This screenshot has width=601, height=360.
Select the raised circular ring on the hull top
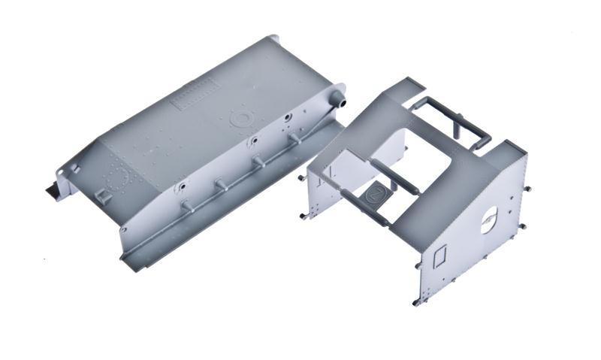[240, 118]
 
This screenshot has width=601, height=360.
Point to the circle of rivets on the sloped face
[117, 179]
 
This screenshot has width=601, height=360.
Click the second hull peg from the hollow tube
[258, 159]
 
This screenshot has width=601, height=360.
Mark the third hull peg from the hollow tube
[221, 182]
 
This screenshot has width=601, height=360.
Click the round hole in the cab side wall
[488, 219]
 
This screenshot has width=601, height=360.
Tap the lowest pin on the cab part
[416, 302]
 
